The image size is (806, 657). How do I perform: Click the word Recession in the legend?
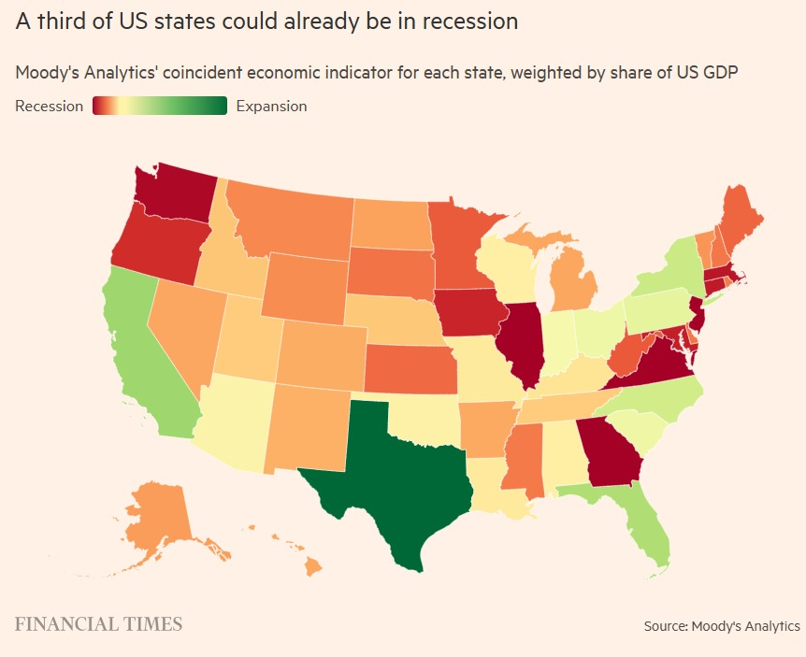[x=50, y=106]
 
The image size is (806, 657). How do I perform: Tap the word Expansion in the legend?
[x=271, y=106]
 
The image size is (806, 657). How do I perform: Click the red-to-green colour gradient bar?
[x=160, y=106]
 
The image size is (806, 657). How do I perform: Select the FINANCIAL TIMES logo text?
[x=97, y=623]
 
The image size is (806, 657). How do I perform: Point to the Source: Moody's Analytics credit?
[x=721, y=625]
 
